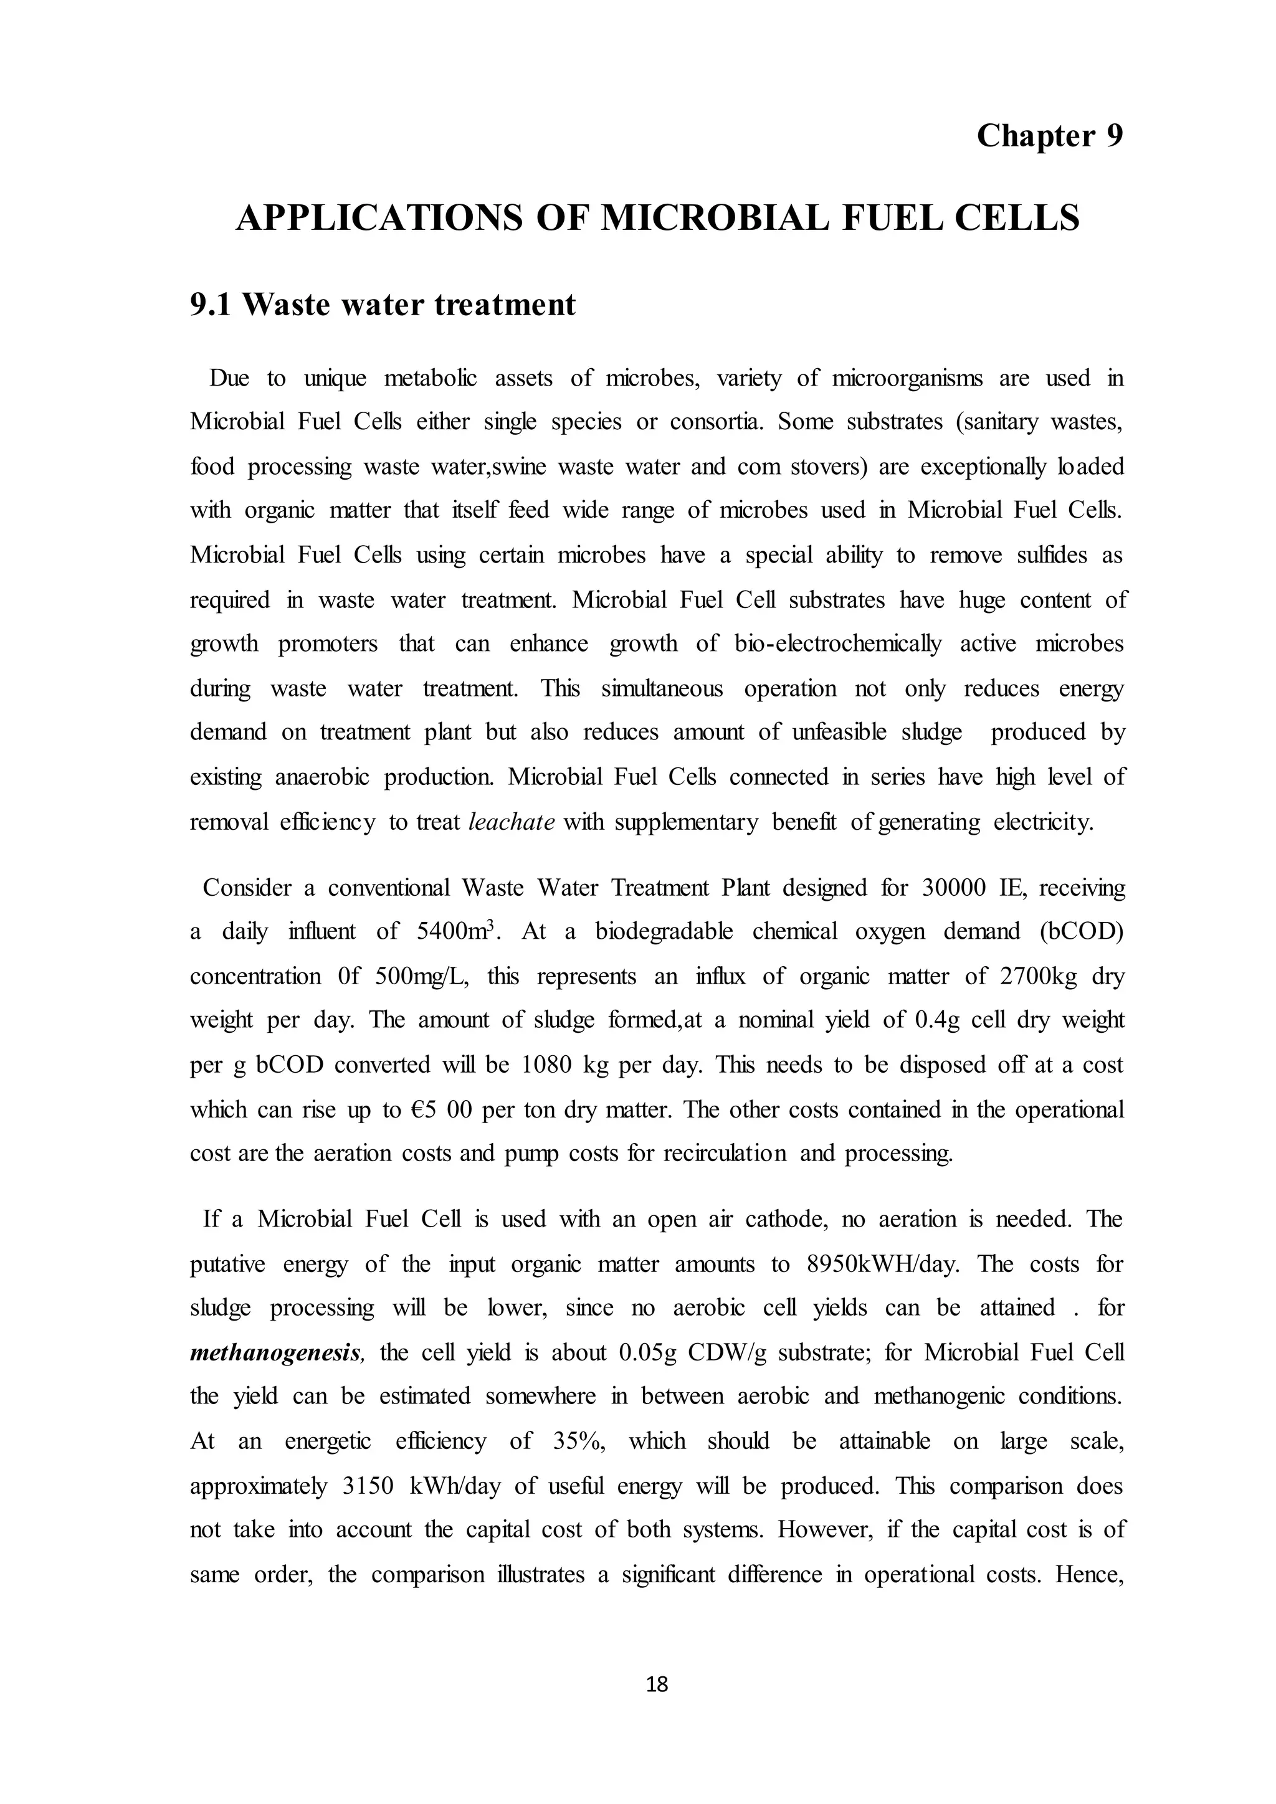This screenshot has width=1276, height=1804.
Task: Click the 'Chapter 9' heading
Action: point(1049,136)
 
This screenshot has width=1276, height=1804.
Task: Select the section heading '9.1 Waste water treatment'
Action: point(383,304)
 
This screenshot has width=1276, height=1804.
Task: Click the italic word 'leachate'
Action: point(512,822)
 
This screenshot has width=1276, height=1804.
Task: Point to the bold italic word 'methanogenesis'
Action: point(277,1352)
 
